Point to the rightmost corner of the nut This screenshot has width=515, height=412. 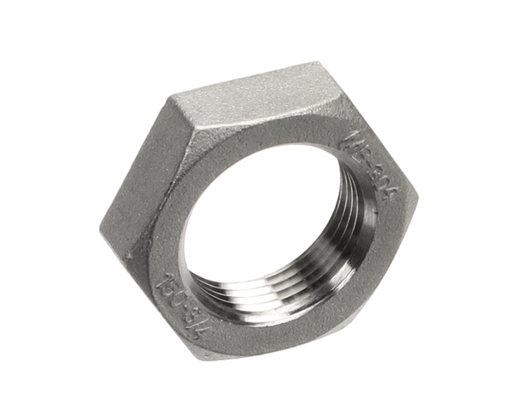(418, 206)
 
